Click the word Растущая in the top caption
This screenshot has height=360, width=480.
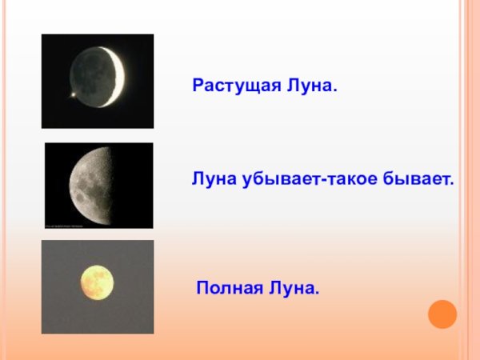click(x=233, y=84)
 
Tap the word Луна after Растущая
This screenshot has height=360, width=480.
click(x=307, y=84)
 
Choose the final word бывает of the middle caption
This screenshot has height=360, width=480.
click(x=417, y=182)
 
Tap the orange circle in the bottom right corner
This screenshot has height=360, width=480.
click(x=442, y=313)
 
